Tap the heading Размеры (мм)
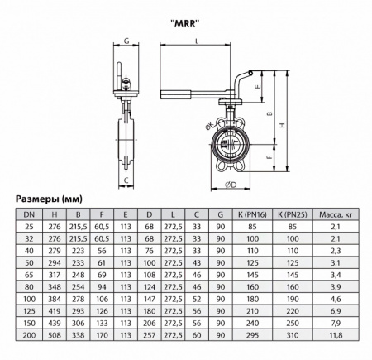(x=47, y=199)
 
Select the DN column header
(x=30, y=214)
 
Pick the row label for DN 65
(x=30, y=273)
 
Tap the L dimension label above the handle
(x=197, y=41)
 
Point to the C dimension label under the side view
(x=126, y=179)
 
